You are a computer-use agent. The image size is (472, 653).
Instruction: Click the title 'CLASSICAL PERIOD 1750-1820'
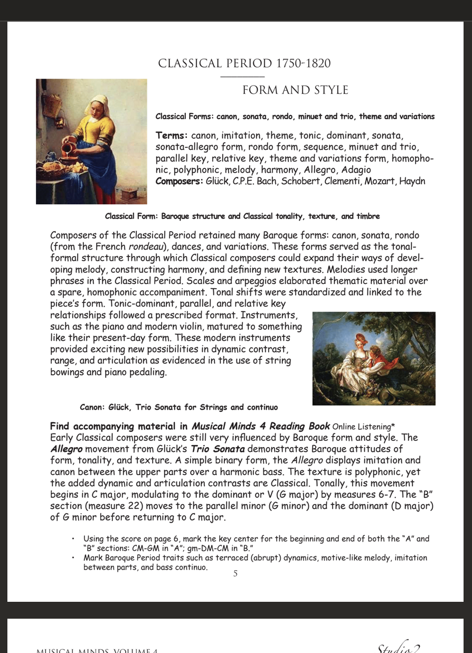pyautogui.click(x=244, y=64)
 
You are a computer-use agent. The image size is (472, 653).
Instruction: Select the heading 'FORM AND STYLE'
pyautogui.click(x=295, y=90)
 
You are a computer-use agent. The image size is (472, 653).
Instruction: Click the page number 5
pyautogui.click(x=235, y=574)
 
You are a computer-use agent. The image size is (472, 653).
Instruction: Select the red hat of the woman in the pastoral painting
pyautogui.click(x=361, y=338)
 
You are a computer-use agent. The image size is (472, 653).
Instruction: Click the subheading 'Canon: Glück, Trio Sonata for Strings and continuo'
pyautogui.click(x=178, y=408)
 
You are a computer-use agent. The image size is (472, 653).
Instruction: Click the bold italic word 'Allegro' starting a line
pyautogui.click(x=67, y=449)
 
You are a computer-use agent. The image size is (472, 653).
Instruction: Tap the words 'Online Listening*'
pyautogui.click(x=364, y=427)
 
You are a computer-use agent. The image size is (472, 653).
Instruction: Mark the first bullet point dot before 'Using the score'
pyautogui.click(x=73, y=539)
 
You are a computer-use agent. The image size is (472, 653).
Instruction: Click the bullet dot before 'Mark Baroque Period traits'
pyautogui.click(x=73, y=557)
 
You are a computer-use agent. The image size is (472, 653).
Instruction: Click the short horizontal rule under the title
pyautogui.click(x=242, y=77)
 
